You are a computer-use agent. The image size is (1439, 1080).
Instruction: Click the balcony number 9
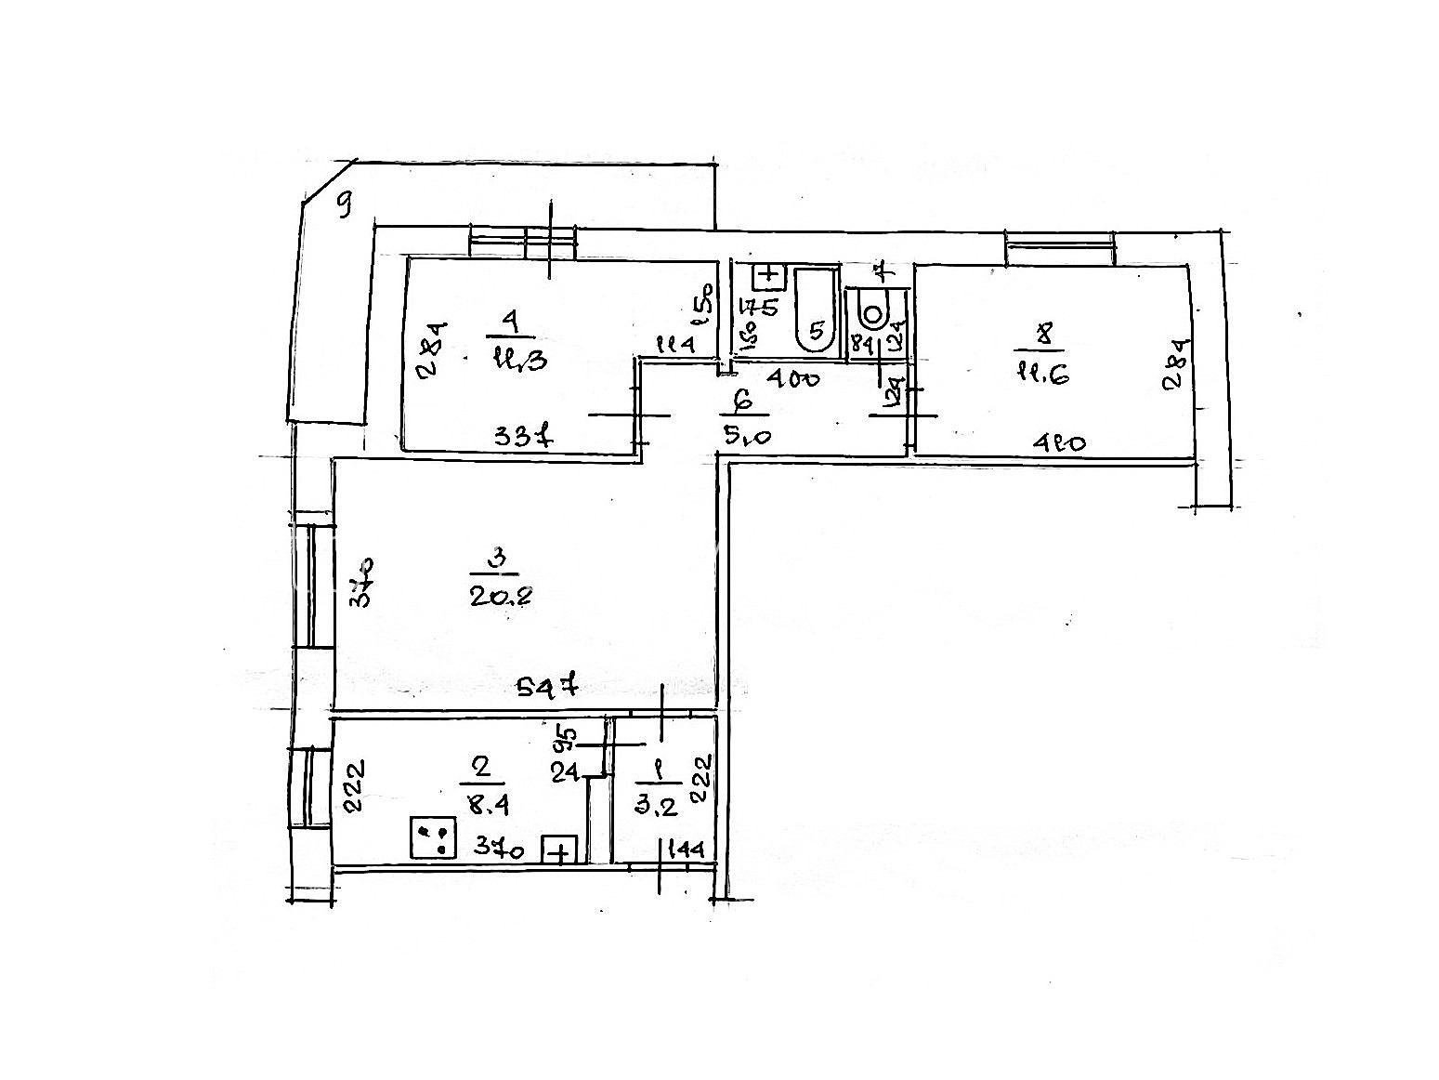pos(344,203)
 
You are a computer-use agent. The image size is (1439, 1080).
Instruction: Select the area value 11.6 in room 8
pos(1044,373)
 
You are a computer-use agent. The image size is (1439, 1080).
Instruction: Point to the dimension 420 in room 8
pos(1059,443)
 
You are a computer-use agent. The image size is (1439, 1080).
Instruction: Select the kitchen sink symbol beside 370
pos(560,850)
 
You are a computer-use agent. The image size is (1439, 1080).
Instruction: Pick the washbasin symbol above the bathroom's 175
pos(769,275)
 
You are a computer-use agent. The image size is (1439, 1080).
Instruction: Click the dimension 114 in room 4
pos(676,345)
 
